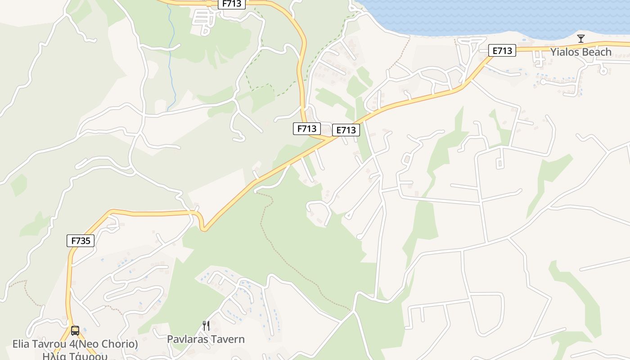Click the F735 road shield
(81, 241)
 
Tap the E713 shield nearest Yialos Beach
(502, 51)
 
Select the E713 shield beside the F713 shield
(346, 130)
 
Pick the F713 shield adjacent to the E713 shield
(307, 128)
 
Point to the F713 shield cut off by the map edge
(232, 4)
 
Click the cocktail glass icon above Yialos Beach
(581, 38)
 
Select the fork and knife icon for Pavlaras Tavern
(206, 325)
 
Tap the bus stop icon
(75, 331)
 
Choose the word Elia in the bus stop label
(22, 344)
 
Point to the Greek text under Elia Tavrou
(75, 356)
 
